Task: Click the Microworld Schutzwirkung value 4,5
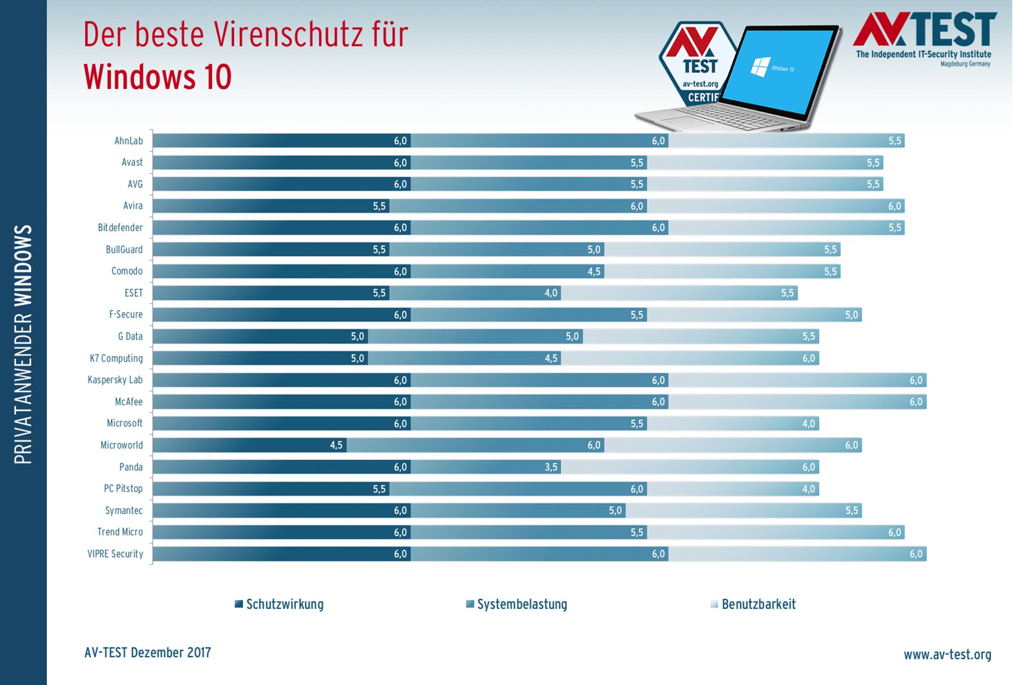click(x=336, y=445)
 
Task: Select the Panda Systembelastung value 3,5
click(x=551, y=467)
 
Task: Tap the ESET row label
click(x=134, y=293)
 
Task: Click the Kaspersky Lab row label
click(x=115, y=380)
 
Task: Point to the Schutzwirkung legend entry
click(x=279, y=604)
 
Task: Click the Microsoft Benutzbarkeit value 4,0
click(x=808, y=424)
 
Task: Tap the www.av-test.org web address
click(x=947, y=655)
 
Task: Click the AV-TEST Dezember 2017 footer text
click(x=147, y=653)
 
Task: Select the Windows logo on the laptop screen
click(x=760, y=67)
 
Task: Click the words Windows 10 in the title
click(x=157, y=77)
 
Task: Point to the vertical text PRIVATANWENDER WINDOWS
click(x=23, y=344)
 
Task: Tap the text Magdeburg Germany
click(x=965, y=64)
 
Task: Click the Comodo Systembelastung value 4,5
click(x=594, y=271)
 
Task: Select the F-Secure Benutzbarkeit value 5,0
click(x=851, y=315)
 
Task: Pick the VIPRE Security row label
click(x=115, y=554)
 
